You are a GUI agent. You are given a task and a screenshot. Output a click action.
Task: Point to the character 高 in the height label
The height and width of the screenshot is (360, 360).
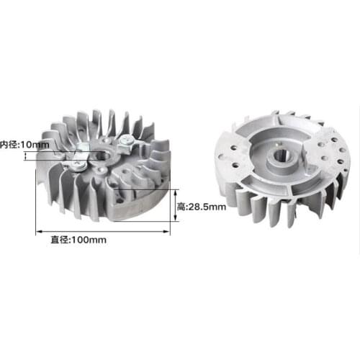click(x=181, y=206)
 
